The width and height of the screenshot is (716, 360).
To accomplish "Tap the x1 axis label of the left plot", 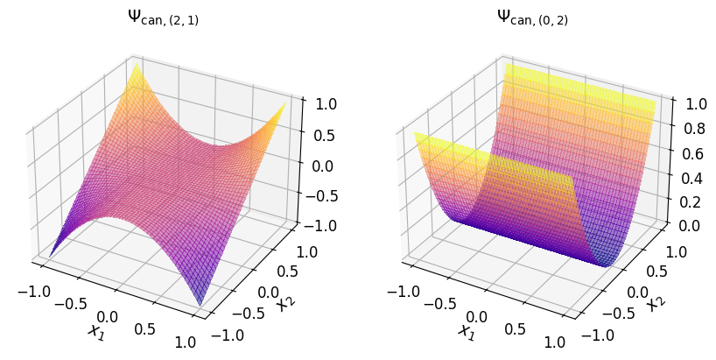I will (95, 331).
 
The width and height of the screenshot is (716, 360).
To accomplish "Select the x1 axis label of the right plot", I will (466, 331).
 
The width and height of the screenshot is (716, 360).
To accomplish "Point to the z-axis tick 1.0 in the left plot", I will (320, 103).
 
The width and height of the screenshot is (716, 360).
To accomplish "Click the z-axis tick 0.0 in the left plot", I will (320, 165).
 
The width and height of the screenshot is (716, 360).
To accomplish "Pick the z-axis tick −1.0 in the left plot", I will (316, 226).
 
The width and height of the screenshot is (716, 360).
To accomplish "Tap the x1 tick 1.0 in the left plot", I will (185, 342).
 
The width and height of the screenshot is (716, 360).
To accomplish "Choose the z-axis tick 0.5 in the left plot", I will (320, 134).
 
